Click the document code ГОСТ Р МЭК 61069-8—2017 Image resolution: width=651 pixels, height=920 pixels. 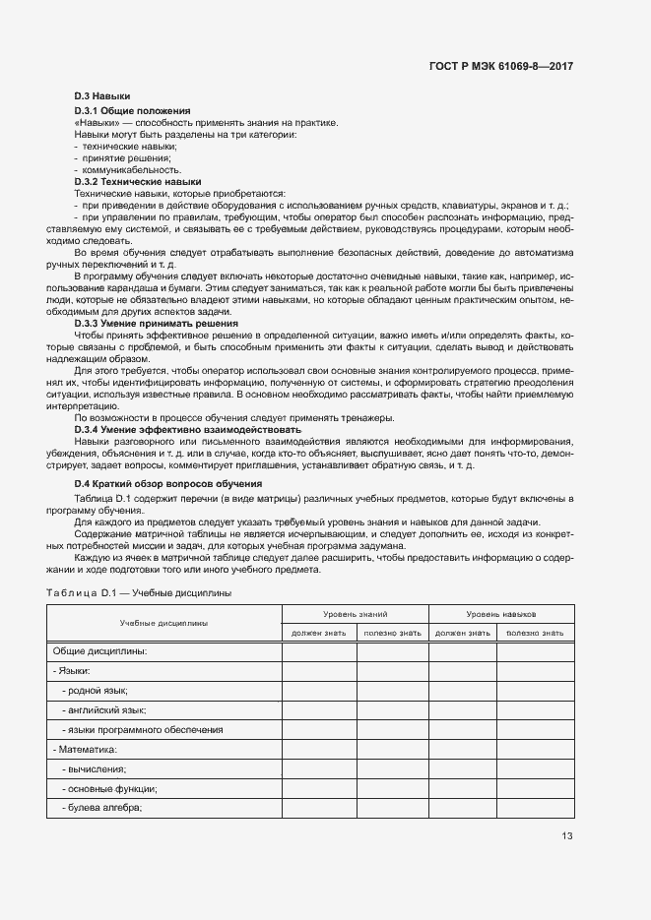501,66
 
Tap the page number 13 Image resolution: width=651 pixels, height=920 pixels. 566,836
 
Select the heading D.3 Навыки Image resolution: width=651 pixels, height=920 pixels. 102,95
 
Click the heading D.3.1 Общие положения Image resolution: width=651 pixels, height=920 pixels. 133,111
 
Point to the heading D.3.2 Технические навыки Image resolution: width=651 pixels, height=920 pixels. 138,182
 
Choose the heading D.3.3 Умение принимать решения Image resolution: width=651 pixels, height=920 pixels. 156,324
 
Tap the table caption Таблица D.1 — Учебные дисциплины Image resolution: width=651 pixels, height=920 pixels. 139,592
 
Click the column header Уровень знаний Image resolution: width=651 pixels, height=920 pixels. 355,613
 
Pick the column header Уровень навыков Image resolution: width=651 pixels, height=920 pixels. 500,613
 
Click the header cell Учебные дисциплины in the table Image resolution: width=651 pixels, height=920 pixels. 163,623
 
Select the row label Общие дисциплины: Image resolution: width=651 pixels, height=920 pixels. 99,651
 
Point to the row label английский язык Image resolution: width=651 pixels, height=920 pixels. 106,709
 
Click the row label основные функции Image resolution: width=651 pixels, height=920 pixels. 111,788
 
